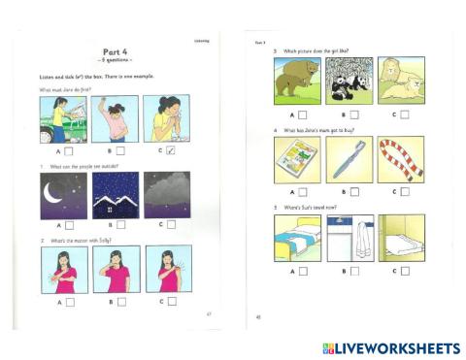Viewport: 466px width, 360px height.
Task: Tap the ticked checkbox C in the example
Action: point(170,150)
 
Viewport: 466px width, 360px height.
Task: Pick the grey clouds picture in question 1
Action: point(167,195)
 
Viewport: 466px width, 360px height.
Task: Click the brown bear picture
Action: point(297,81)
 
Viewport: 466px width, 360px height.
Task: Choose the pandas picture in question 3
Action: point(349,81)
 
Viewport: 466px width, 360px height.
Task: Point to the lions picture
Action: point(400,81)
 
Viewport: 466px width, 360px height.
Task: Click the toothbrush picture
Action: point(349,159)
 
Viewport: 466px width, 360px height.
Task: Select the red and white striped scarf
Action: point(400,159)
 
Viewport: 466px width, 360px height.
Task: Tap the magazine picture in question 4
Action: point(297,159)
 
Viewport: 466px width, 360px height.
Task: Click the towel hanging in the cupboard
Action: point(349,238)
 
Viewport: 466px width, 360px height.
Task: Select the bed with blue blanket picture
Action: point(297,238)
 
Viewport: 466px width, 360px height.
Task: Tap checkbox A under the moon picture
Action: point(69,225)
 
